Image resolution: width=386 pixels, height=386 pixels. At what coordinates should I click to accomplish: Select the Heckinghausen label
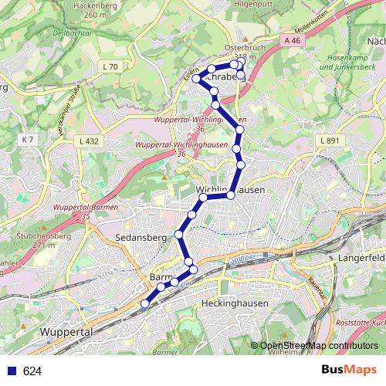[234, 303]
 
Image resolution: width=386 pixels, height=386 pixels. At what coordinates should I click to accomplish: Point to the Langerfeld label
[362, 255]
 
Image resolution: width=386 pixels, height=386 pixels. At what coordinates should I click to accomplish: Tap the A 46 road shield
[291, 40]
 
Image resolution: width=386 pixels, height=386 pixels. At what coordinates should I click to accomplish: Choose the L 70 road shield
[110, 67]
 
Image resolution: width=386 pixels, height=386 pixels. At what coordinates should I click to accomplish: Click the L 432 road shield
[90, 141]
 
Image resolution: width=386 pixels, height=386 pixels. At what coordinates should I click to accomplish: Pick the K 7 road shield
[28, 139]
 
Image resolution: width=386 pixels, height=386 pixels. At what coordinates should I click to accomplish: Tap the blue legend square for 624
[12, 371]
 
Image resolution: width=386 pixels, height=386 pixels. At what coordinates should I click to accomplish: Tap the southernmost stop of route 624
[144, 303]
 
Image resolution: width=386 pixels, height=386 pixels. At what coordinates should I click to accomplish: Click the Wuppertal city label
[66, 330]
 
